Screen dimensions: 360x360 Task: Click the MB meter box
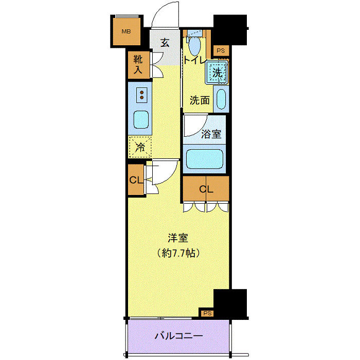tap(125, 32)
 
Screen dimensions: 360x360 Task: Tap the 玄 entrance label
tap(165, 43)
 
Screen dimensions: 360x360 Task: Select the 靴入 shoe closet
tap(138, 65)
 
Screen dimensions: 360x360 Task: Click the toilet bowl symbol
tap(195, 46)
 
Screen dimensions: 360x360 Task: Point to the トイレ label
tap(195, 61)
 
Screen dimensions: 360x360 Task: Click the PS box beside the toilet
tap(221, 50)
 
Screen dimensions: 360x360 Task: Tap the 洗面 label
tap(200, 100)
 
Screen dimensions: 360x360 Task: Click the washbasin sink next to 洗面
tap(221, 99)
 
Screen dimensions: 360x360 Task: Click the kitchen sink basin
tap(141, 121)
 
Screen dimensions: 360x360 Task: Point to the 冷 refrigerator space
tap(140, 147)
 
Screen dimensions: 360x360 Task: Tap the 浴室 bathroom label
tap(211, 134)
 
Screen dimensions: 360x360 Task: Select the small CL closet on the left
tap(136, 180)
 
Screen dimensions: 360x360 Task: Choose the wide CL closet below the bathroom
tap(206, 189)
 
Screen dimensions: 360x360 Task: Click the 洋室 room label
tap(178, 238)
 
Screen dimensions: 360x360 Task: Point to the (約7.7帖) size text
tap(178, 253)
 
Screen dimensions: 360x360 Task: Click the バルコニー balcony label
tap(178, 336)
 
